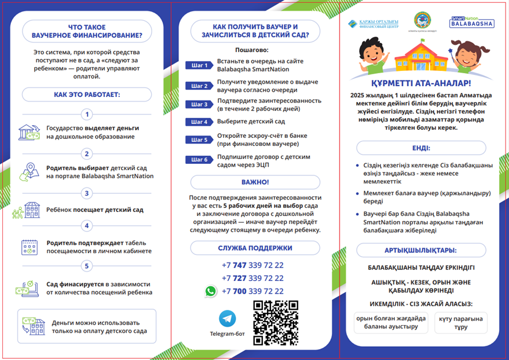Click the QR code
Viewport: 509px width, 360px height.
[276, 322]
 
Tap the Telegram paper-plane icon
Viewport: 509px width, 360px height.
[228, 318]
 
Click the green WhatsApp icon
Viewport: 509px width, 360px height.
[210, 291]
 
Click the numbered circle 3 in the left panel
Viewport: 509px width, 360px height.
[87, 193]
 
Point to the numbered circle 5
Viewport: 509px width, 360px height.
[87, 266]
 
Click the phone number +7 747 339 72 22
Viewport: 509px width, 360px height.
[252, 265]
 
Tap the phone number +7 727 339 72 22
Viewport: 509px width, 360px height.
[252, 278]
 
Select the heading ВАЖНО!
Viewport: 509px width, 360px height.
[255, 182]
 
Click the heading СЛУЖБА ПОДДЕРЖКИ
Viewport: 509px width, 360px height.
[255, 248]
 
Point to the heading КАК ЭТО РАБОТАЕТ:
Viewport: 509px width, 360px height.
[87, 94]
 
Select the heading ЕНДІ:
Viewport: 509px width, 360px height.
[421, 148]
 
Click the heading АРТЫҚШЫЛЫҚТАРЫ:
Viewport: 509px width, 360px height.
[421, 250]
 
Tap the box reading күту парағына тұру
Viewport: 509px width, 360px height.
[461, 323]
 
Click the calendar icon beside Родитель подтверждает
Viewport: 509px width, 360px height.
[29, 247]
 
